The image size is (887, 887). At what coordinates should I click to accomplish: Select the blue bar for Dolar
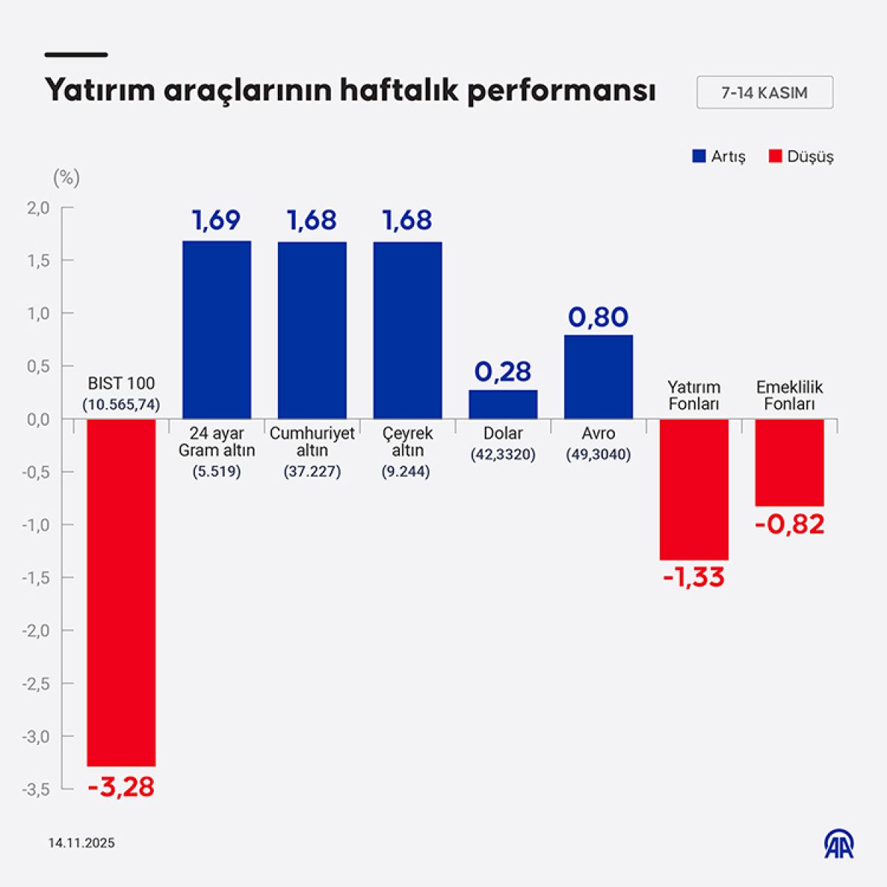503,404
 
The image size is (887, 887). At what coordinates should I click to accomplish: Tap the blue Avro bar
599,376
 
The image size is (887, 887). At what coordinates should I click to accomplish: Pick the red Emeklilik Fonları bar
789,463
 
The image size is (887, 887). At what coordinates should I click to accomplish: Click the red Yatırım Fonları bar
694,489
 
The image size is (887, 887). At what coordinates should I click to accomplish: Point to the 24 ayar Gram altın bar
217,330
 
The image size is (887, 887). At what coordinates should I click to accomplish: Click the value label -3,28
121,786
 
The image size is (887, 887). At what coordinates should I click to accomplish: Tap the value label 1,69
217,220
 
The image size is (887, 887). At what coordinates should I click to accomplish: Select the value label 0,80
599,316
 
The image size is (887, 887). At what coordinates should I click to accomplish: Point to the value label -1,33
693,577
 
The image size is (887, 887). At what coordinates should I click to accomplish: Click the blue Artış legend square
699,156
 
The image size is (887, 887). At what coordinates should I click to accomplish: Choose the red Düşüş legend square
775,156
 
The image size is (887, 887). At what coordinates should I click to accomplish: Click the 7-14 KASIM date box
764,92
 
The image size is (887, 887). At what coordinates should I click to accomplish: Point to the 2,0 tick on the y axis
38,208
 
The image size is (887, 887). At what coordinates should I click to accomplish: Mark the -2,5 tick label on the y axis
35,684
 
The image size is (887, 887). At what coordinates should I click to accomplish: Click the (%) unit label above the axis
67,177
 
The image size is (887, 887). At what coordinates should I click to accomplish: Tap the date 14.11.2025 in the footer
81,843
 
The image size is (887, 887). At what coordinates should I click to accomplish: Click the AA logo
839,843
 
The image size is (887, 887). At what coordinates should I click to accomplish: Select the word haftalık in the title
400,91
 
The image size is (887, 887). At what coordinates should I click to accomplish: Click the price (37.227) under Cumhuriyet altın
312,472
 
